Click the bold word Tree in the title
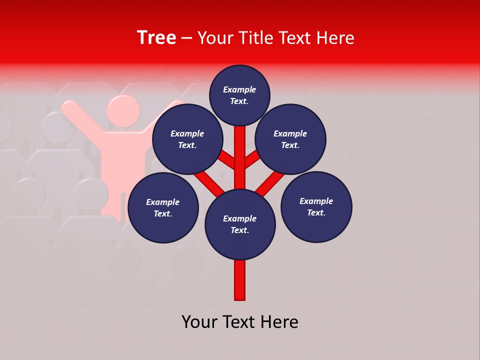click(156, 38)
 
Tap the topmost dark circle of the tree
click(239, 95)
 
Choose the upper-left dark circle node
click(187, 139)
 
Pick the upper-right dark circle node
click(290, 139)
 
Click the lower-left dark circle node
click(163, 207)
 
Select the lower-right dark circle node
click(316, 206)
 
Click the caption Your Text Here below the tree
click(240, 322)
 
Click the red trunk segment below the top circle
click(240, 150)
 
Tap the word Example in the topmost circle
click(239, 89)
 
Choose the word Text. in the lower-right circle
click(316, 212)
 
